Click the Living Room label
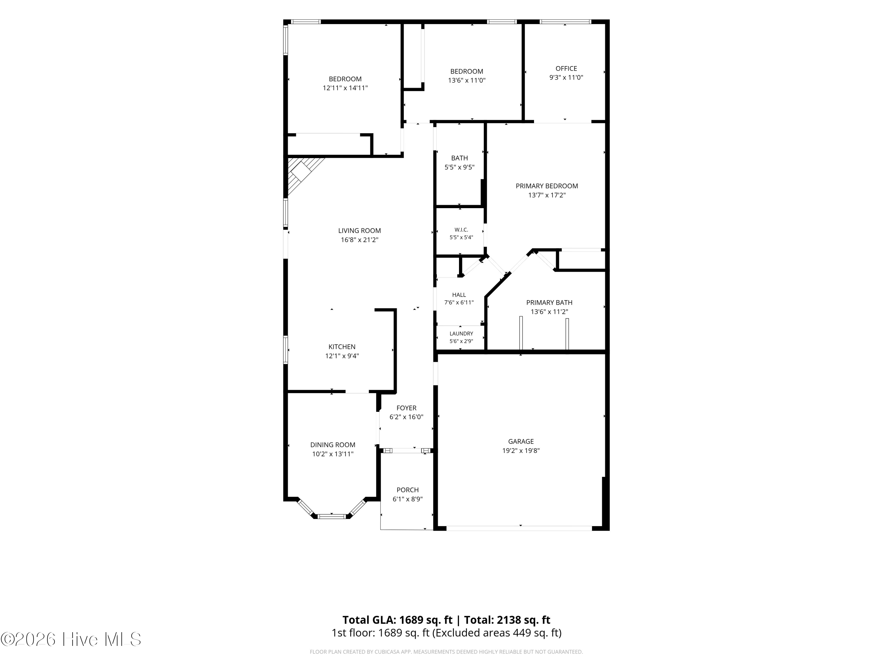point(359,230)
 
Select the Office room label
point(566,69)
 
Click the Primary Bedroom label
point(547,186)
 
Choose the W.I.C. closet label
point(461,230)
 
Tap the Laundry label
point(461,334)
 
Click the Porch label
point(407,490)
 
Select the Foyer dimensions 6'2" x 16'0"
point(406,417)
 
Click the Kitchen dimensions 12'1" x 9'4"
point(342,356)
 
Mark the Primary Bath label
point(549,303)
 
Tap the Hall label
point(459,295)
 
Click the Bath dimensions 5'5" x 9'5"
point(459,167)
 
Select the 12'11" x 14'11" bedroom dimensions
point(345,88)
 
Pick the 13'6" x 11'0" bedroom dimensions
point(467,80)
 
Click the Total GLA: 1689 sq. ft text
point(398,620)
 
